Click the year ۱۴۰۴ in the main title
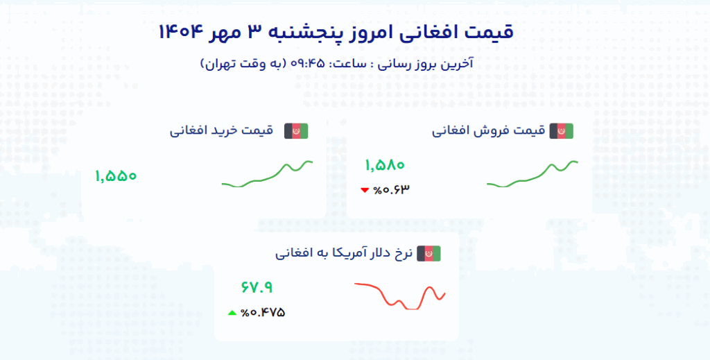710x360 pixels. point(180,32)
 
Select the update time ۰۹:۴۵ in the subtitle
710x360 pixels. point(307,63)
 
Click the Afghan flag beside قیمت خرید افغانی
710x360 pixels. point(296,131)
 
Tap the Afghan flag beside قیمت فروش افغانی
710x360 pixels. point(562,131)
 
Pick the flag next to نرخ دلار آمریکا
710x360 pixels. point(428,254)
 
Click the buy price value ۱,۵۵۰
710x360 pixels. point(116,176)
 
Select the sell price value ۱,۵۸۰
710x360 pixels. point(384,165)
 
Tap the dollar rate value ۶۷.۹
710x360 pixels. point(257,288)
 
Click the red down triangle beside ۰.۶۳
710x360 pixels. point(365,190)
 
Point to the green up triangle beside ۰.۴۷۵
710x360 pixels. point(232,312)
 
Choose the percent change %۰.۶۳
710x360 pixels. point(391,190)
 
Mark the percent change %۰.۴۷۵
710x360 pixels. point(263,312)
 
